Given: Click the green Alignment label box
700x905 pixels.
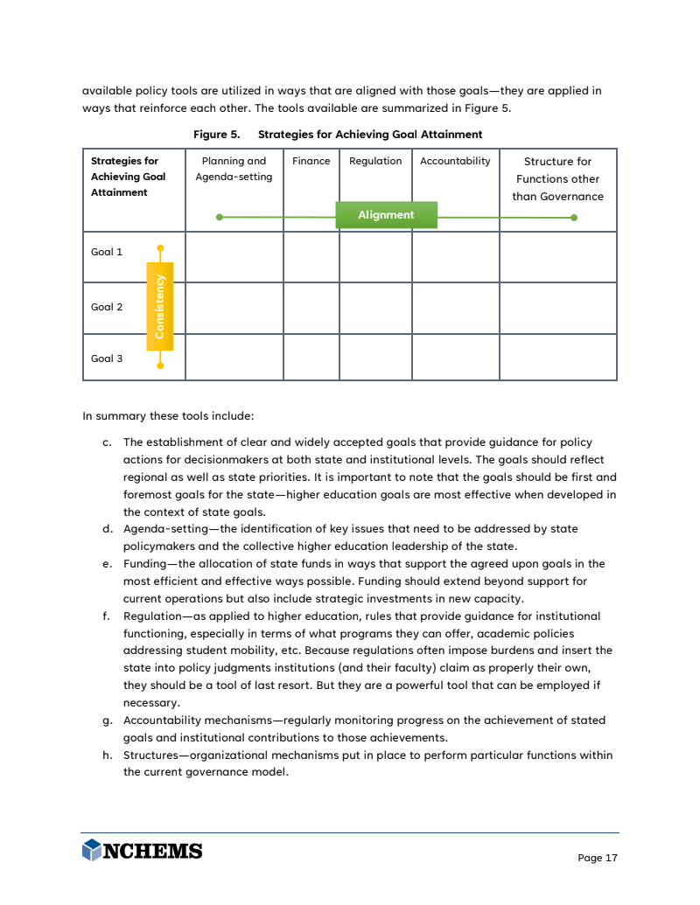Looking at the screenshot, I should click(x=386, y=215).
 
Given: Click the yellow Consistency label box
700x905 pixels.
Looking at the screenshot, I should click(x=159, y=306).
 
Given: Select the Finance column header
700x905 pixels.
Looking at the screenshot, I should click(x=311, y=161).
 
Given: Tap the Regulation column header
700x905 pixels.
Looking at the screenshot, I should click(x=375, y=161).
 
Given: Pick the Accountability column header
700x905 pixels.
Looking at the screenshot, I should click(x=455, y=161).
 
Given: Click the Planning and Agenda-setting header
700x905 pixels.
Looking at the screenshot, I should click(x=234, y=169).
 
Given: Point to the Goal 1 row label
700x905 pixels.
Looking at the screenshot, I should click(x=107, y=252).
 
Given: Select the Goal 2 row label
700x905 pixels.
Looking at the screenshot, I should click(x=107, y=307).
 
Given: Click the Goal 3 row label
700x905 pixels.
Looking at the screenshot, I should click(x=107, y=359).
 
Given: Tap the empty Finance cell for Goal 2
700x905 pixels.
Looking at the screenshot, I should click(x=311, y=308).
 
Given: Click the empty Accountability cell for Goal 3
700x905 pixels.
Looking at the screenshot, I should click(x=455, y=358).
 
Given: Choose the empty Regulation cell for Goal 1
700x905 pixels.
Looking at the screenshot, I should click(x=375, y=257).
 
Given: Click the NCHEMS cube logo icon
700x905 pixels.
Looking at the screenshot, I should click(x=91, y=850).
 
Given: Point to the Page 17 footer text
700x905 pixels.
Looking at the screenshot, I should click(x=598, y=858).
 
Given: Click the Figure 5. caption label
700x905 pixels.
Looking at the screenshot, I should click(x=216, y=135).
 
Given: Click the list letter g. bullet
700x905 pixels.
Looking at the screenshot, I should click(x=107, y=721).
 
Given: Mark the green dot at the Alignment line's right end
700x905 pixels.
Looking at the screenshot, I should click(x=574, y=218).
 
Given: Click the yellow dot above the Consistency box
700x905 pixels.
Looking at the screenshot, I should click(x=160, y=248).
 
